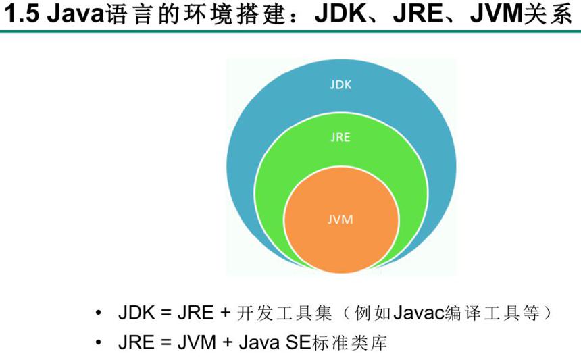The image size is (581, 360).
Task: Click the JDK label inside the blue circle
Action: [340, 85]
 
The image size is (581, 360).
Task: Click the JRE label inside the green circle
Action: [340, 137]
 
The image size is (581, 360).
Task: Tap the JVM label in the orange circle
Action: [340, 220]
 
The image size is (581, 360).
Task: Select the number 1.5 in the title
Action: [22, 14]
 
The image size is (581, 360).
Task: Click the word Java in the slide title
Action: [76, 14]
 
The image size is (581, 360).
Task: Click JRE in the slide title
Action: [418, 14]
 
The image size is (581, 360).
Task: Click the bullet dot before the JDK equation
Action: [98, 313]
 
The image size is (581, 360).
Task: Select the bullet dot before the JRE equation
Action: [98, 342]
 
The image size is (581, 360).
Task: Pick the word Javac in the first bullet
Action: [418, 313]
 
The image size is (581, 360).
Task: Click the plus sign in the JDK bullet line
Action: [225, 313]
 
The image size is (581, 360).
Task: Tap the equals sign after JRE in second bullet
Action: [166, 342]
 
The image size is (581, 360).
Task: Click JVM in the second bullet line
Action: [197, 342]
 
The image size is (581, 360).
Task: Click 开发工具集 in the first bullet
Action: [284, 313]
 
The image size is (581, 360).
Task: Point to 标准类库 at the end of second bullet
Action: [349, 342]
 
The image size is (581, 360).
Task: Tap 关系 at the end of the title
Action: [548, 14]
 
